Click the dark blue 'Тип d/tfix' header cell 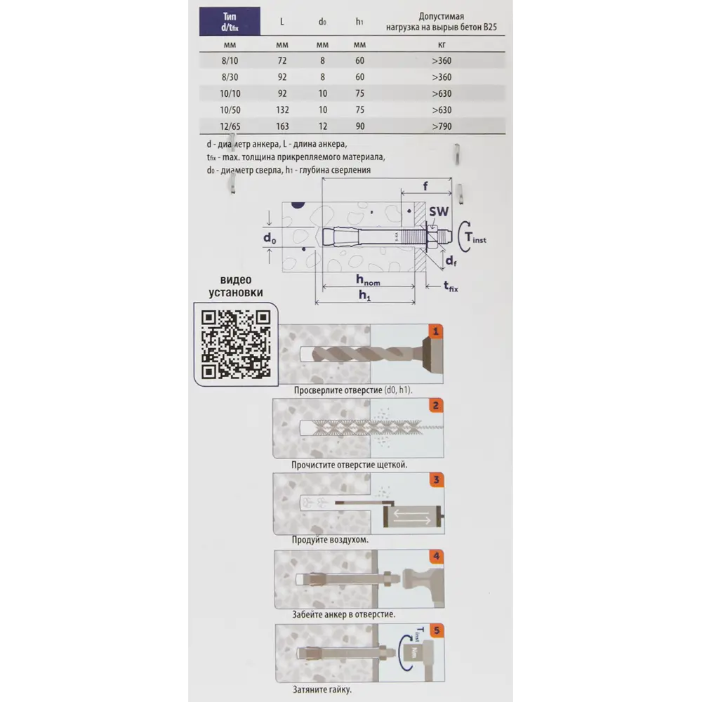(x=230, y=21)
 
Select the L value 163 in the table (x=282, y=126)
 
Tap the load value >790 (x=442, y=126)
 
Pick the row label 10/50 (x=230, y=110)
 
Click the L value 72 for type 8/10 (x=282, y=60)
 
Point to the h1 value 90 (x=360, y=126)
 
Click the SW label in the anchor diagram (x=438, y=211)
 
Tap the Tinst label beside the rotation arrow (x=475, y=237)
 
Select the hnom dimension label (x=368, y=280)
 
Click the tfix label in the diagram (x=451, y=286)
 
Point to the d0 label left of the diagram (x=270, y=238)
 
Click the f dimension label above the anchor (x=425, y=185)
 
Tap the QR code (x=236, y=344)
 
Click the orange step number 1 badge (x=435, y=332)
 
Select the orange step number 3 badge (x=437, y=480)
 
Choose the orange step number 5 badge (x=437, y=631)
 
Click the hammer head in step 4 (x=417, y=578)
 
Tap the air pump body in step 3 (x=411, y=517)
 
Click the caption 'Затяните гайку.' (x=322, y=689)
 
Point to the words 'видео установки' (x=236, y=286)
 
